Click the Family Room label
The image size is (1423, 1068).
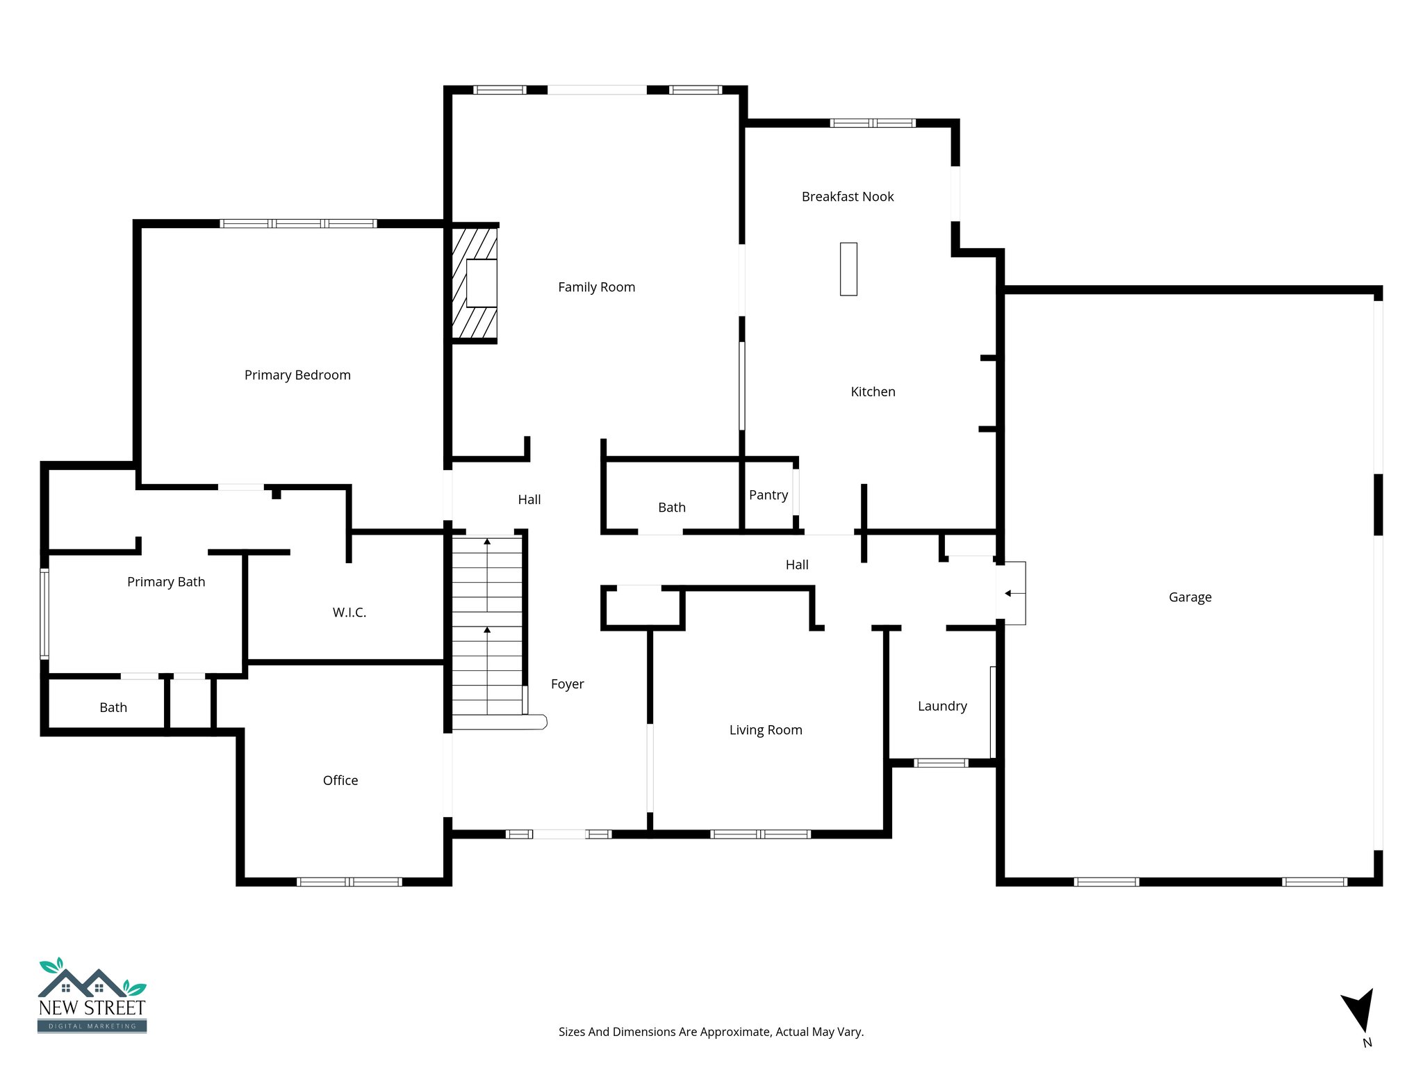pyautogui.click(x=596, y=287)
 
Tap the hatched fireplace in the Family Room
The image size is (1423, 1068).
pyautogui.click(x=475, y=283)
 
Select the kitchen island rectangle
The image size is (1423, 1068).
pyautogui.click(x=848, y=269)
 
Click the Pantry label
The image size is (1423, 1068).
pyautogui.click(x=768, y=495)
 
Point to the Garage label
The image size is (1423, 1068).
pyautogui.click(x=1190, y=597)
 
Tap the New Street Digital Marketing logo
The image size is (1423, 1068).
pyautogui.click(x=92, y=996)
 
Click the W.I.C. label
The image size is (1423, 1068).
pyautogui.click(x=349, y=613)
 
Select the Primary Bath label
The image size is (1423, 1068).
pyautogui.click(x=166, y=582)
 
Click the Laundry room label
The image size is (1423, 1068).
pyautogui.click(x=942, y=706)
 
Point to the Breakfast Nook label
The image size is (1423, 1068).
pyautogui.click(x=848, y=197)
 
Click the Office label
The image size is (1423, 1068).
pyautogui.click(x=340, y=781)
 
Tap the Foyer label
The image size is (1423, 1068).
pyautogui.click(x=567, y=684)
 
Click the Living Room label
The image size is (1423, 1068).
pyautogui.click(x=766, y=730)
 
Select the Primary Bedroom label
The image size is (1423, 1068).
pyautogui.click(x=297, y=375)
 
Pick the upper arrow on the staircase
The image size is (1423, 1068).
pyautogui.click(x=487, y=542)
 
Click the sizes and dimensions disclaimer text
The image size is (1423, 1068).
pyautogui.click(x=711, y=1032)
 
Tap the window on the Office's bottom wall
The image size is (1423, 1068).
pyautogui.click(x=349, y=882)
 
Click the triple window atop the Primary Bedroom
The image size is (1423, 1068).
pyautogui.click(x=298, y=223)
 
